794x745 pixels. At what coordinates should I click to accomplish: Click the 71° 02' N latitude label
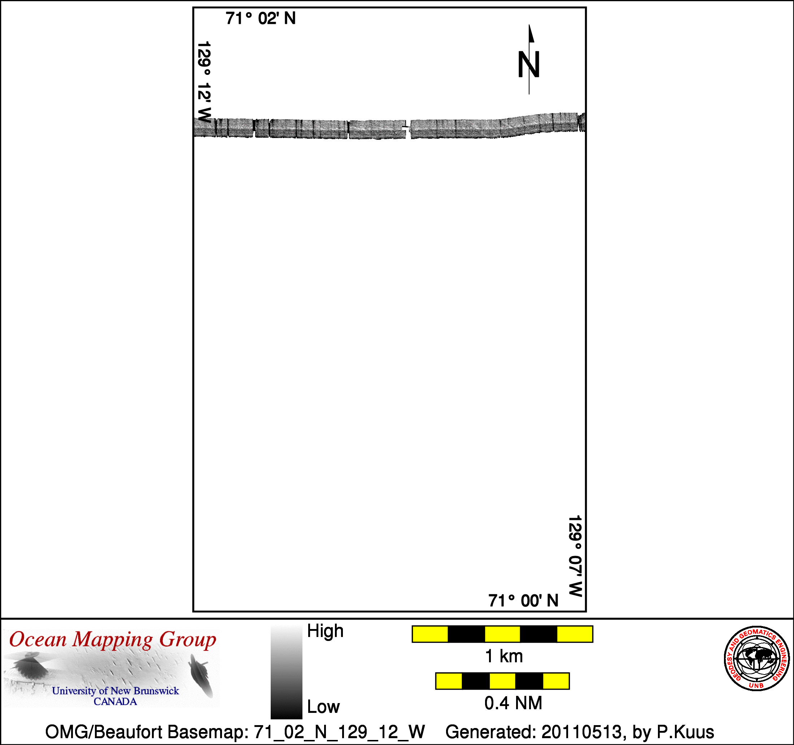pyautogui.click(x=261, y=18)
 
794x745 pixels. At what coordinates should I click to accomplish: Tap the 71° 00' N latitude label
pyautogui.click(x=523, y=600)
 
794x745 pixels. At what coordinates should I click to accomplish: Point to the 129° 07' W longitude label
pyautogui.click(x=575, y=556)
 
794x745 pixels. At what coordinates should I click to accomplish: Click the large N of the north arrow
pyautogui.click(x=529, y=64)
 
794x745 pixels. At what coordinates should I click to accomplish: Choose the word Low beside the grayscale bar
pyautogui.click(x=323, y=707)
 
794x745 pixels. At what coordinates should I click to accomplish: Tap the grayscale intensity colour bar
pyautogui.click(x=286, y=672)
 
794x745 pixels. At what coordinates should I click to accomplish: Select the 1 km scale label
pyautogui.click(x=503, y=656)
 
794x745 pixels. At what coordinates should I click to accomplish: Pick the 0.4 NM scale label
pyautogui.click(x=513, y=703)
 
